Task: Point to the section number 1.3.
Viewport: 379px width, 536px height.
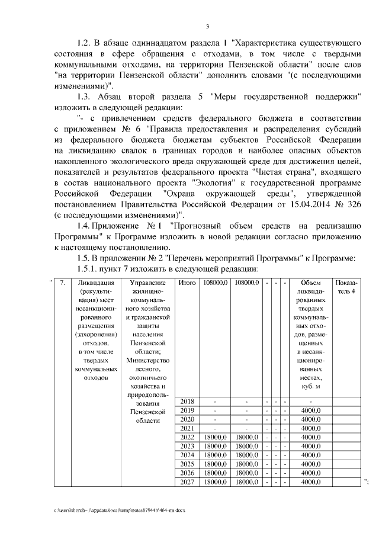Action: (86, 97)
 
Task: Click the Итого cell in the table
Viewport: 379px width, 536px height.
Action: (187, 283)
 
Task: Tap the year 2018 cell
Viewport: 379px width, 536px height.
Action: (187, 402)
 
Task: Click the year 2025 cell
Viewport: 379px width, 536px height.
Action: (187, 464)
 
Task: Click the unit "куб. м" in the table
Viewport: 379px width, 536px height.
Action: (311, 387)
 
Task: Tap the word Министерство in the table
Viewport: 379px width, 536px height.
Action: (148, 360)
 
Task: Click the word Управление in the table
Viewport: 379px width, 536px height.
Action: (148, 283)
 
